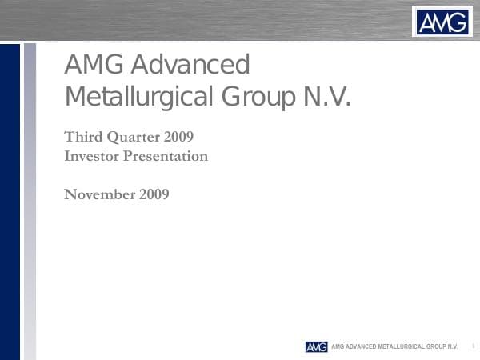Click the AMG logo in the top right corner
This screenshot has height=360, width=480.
(442, 21)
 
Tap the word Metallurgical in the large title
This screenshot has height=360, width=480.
(138, 98)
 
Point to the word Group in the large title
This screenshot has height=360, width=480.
(256, 98)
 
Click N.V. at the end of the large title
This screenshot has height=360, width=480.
(326, 98)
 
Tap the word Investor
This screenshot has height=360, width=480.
(91, 156)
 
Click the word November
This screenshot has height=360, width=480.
(99, 194)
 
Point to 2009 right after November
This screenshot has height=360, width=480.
(154, 194)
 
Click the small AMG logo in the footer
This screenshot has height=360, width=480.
(316, 346)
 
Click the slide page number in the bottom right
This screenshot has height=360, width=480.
(473, 346)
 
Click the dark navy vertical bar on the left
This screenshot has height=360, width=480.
(10, 200)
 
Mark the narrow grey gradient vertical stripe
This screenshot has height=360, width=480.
(30, 200)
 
